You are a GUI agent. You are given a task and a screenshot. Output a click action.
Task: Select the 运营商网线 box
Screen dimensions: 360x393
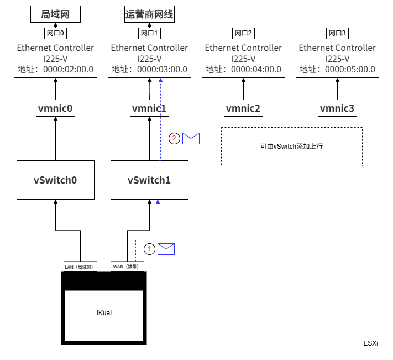150,14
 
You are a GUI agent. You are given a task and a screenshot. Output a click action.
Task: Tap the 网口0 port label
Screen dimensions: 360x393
55,33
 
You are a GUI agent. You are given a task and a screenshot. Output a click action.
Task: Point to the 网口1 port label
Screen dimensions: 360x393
149,33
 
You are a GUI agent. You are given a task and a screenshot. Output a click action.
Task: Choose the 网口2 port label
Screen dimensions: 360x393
243,33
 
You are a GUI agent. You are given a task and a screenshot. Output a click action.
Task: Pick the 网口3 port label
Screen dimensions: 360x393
337,33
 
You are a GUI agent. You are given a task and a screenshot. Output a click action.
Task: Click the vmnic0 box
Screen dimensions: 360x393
55,108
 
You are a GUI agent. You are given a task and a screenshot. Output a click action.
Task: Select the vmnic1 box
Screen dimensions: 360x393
149,108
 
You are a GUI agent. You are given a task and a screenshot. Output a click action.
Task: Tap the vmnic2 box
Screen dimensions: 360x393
243,108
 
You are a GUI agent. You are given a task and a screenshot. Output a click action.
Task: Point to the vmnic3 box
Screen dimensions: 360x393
337,108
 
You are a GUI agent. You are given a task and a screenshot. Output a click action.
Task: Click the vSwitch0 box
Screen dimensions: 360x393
55,180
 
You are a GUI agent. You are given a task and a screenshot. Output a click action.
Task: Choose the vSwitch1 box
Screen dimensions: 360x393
149,180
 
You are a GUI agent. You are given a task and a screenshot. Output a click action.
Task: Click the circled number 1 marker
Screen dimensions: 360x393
149,249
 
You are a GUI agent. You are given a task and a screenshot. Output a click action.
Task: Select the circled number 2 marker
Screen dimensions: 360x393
175,139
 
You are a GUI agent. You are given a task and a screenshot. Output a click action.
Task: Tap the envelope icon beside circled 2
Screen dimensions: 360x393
191,139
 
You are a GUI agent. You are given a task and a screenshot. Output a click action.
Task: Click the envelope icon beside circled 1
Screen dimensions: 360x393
166,249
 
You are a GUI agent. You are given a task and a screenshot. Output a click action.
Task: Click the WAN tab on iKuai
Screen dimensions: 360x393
128,267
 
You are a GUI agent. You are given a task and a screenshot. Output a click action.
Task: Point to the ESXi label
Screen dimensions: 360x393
371,343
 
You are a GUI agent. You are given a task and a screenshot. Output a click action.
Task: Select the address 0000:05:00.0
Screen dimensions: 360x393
350,70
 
